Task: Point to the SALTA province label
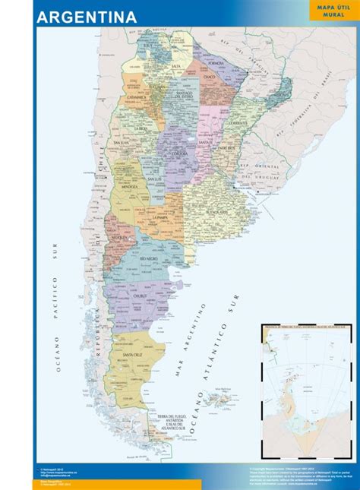176,67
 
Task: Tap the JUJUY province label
149,46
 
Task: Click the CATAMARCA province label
137,98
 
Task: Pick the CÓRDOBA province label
180,153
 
